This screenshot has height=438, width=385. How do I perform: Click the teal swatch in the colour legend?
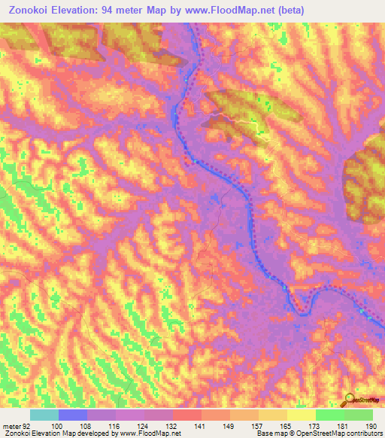tap(44, 415)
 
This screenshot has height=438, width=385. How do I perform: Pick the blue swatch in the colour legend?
tap(73, 415)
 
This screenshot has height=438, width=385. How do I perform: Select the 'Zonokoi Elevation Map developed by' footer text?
tap(53, 433)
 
